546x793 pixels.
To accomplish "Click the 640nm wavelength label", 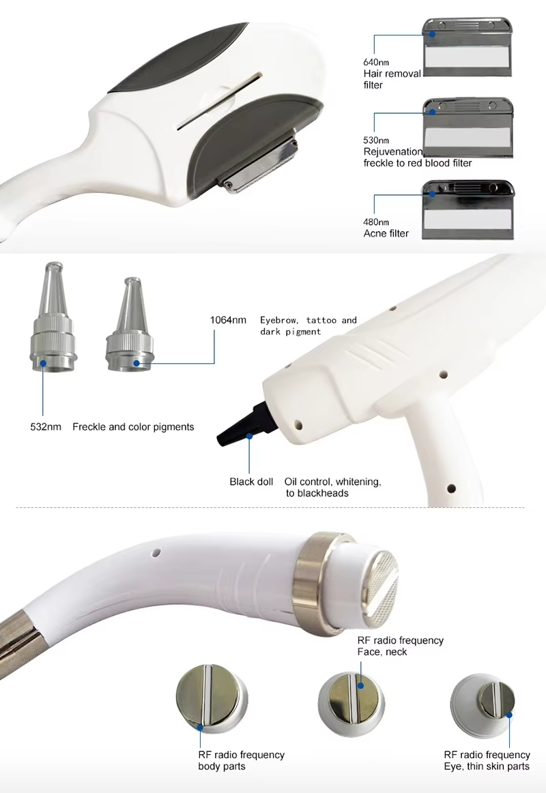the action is tap(376, 62).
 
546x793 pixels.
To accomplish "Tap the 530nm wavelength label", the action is tap(376, 140).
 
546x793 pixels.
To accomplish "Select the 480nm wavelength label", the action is tap(376, 222).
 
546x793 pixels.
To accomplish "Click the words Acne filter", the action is tap(386, 233).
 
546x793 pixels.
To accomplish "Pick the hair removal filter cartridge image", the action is tap(468, 47).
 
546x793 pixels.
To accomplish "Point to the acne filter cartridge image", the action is tap(468, 209).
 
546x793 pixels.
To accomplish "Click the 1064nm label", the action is tap(228, 320).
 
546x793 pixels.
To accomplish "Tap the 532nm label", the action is tap(46, 427).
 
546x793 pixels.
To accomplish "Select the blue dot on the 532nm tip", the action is tap(43, 363).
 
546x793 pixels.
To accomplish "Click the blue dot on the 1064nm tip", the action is tap(136, 363).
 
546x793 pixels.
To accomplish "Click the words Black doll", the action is tap(251, 482).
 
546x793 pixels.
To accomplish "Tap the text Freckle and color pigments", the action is tap(133, 427).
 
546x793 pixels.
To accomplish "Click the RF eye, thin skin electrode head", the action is tap(483, 706).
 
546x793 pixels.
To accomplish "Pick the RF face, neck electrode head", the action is tap(351, 704).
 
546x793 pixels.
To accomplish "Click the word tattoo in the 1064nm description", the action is tap(321, 320).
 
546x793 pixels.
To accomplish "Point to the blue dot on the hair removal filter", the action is tap(433, 34).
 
